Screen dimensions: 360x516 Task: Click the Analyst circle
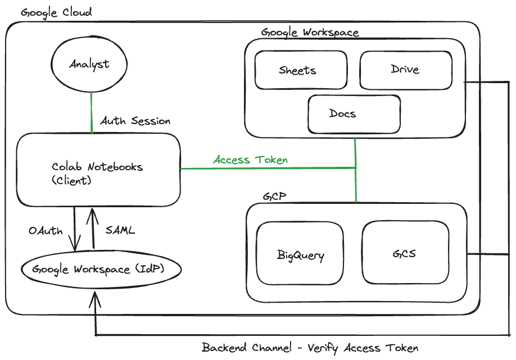coord(89,65)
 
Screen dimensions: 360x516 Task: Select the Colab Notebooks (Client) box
coord(98,170)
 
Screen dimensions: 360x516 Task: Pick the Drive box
coord(405,70)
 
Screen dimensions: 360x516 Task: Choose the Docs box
coord(354,113)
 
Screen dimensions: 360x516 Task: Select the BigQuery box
coord(300,256)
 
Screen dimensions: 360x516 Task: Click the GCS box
coord(405,253)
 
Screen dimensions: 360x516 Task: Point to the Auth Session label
coord(135,121)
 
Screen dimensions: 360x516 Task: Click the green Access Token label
coord(250,160)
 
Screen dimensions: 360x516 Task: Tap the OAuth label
coord(46,231)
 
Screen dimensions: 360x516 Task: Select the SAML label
coord(120,230)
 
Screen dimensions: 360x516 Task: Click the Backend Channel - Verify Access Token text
coord(310,348)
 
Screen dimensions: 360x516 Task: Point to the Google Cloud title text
coord(56,12)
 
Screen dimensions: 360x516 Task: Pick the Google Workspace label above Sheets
coord(310,32)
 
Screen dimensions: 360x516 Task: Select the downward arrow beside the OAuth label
coord(74,230)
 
